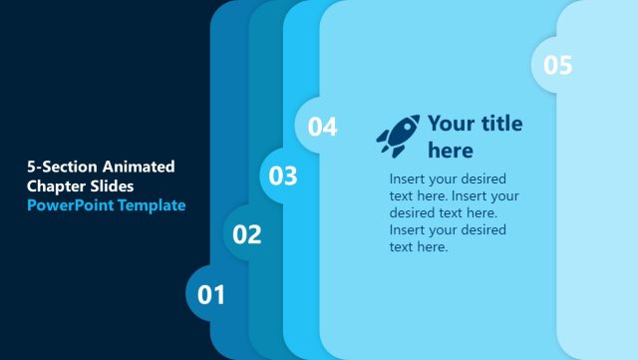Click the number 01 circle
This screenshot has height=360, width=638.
click(x=211, y=295)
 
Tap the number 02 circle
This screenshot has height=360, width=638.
click(x=247, y=235)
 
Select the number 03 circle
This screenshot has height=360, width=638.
click(x=283, y=177)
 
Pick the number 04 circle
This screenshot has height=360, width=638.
click(x=321, y=127)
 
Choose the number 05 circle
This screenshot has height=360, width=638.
click(x=557, y=65)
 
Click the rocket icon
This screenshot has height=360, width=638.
click(x=397, y=135)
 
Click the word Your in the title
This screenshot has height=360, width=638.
click(x=451, y=124)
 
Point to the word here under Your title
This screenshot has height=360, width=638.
click(x=451, y=151)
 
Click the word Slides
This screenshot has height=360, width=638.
click(x=114, y=185)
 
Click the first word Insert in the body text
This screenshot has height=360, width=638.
click(x=408, y=179)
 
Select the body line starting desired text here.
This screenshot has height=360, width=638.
click(x=443, y=212)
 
